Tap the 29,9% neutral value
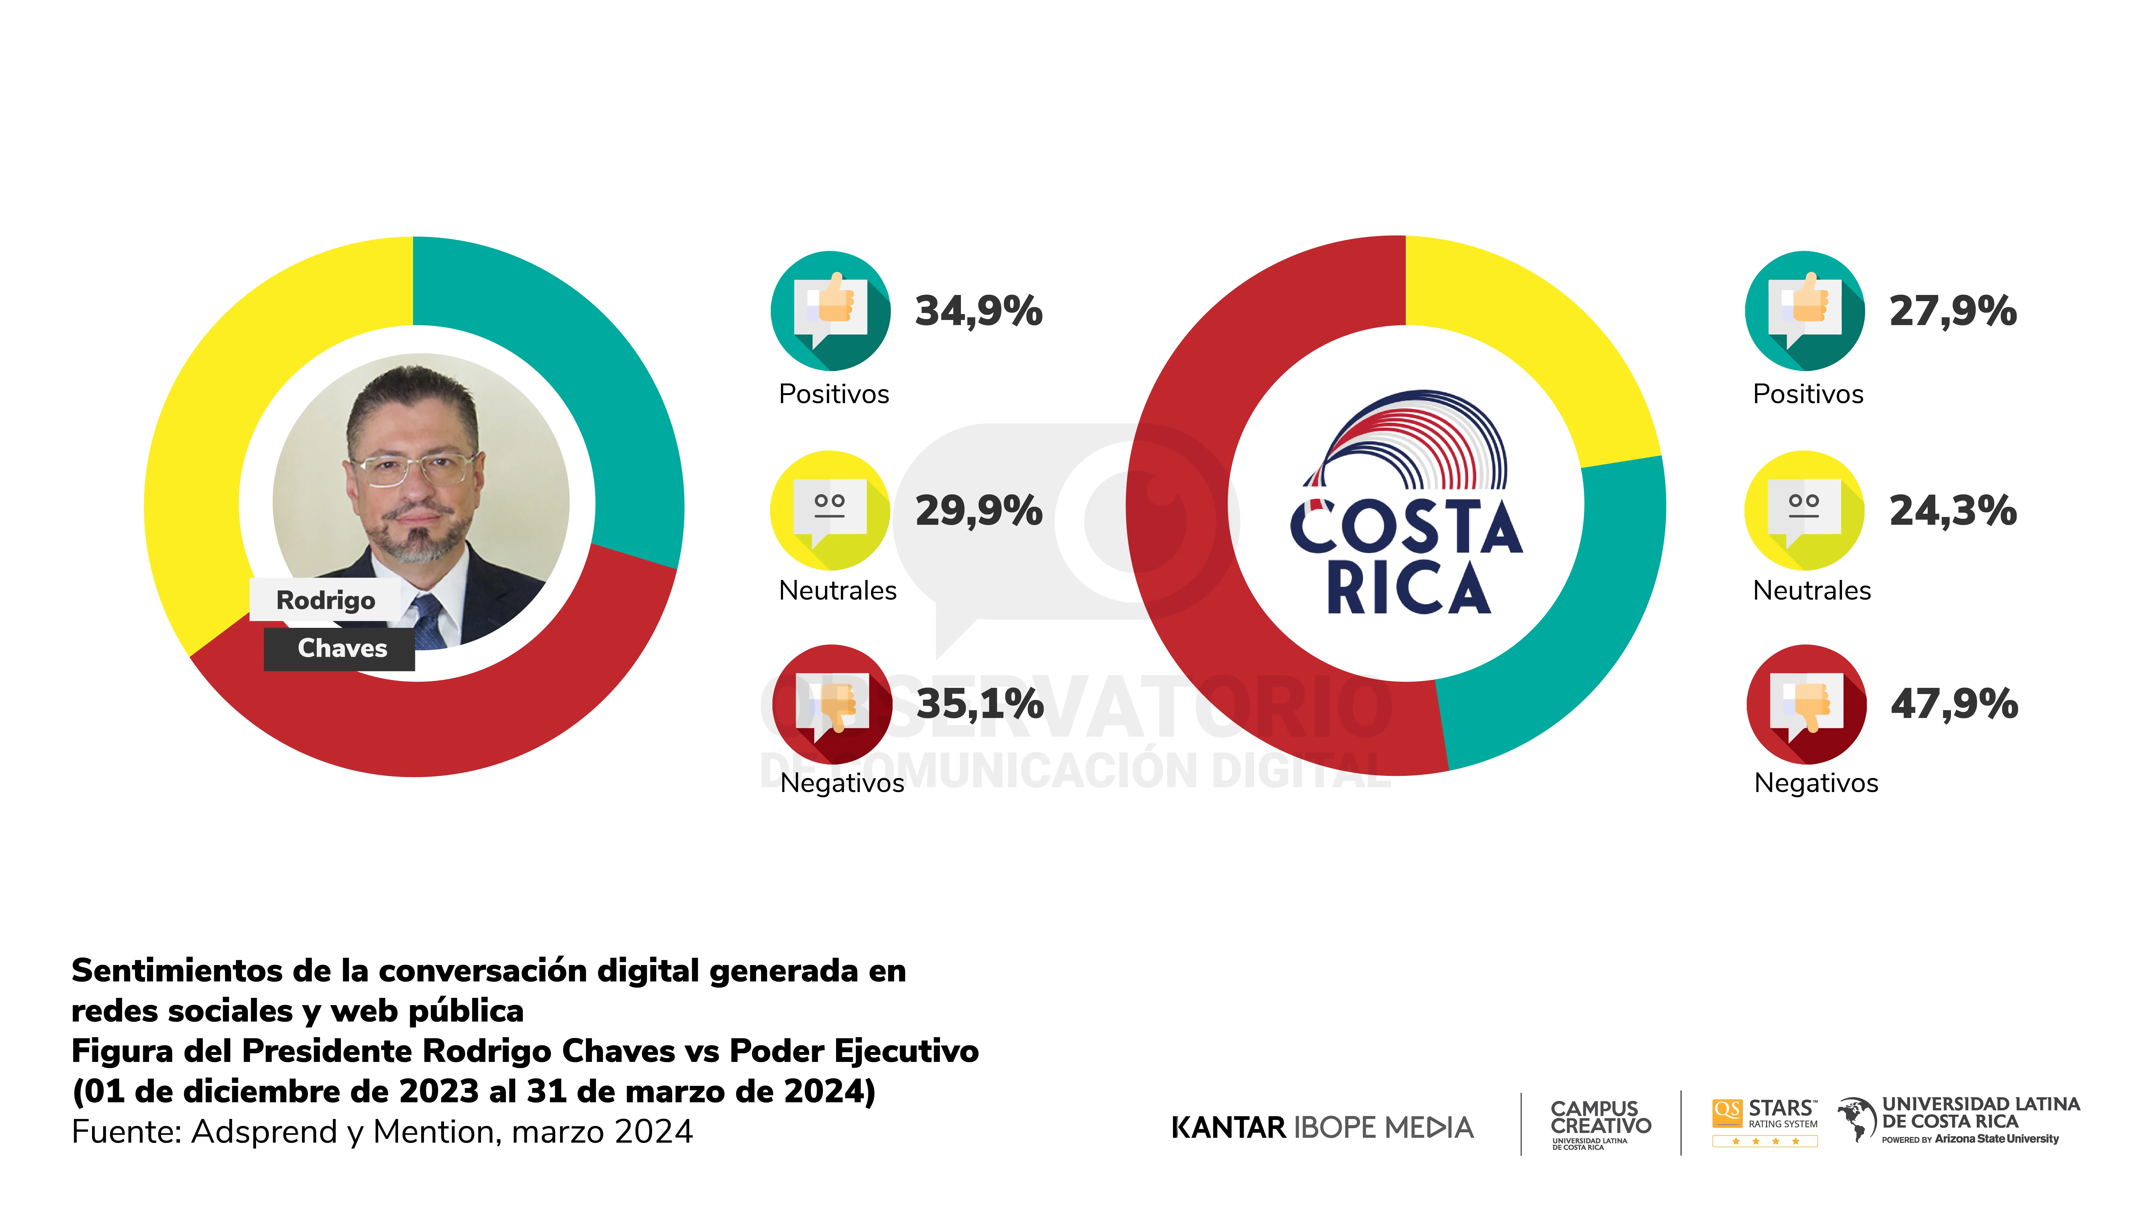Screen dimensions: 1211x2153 (x=979, y=511)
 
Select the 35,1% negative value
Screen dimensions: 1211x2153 (x=980, y=704)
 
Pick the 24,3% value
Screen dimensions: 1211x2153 (x=1953, y=511)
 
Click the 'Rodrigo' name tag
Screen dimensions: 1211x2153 (x=326, y=600)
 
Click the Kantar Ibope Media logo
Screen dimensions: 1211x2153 (x=1322, y=1127)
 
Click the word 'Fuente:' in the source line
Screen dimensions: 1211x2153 (x=127, y=1132)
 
